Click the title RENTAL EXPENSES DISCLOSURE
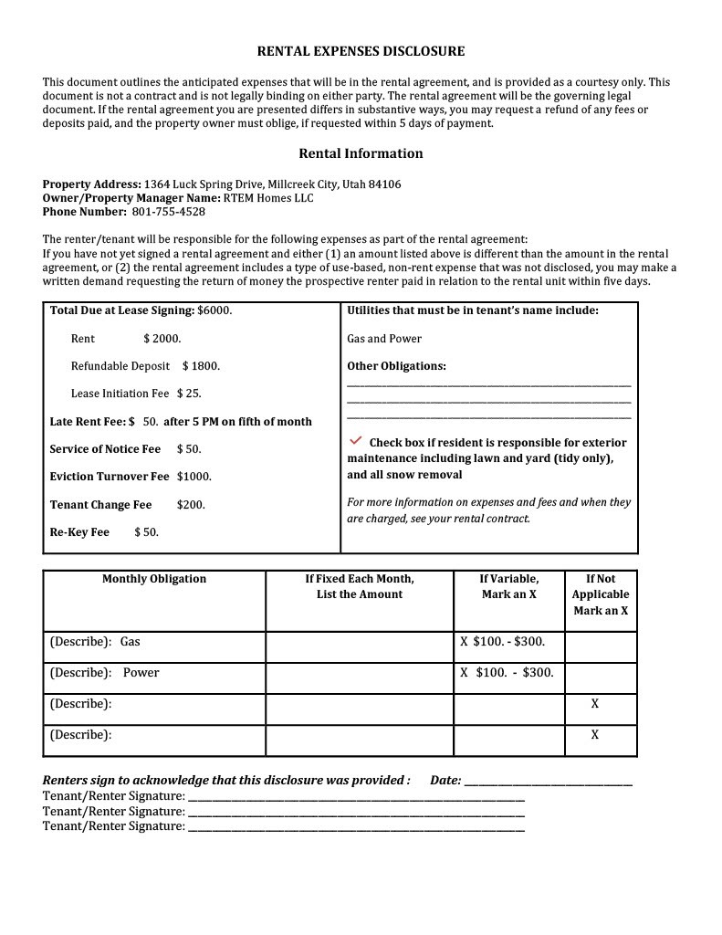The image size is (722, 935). [361, 52]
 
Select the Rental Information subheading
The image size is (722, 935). [361, 153]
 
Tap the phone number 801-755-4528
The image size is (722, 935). [169, 212]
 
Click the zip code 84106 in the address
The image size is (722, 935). [384, 184]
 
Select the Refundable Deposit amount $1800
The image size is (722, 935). [201, 366]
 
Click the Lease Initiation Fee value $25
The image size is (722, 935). [189, 394]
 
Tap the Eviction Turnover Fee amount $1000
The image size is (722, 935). [194, 477]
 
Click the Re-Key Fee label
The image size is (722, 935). [79, 532]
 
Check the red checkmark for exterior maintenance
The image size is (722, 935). [356, 441]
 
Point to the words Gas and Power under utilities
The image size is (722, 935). [384, 339]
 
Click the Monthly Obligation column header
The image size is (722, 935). [154, 579]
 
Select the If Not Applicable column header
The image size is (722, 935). [600, 594]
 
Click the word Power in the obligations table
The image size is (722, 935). [141, 673]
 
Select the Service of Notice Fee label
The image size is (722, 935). [105, 449]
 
